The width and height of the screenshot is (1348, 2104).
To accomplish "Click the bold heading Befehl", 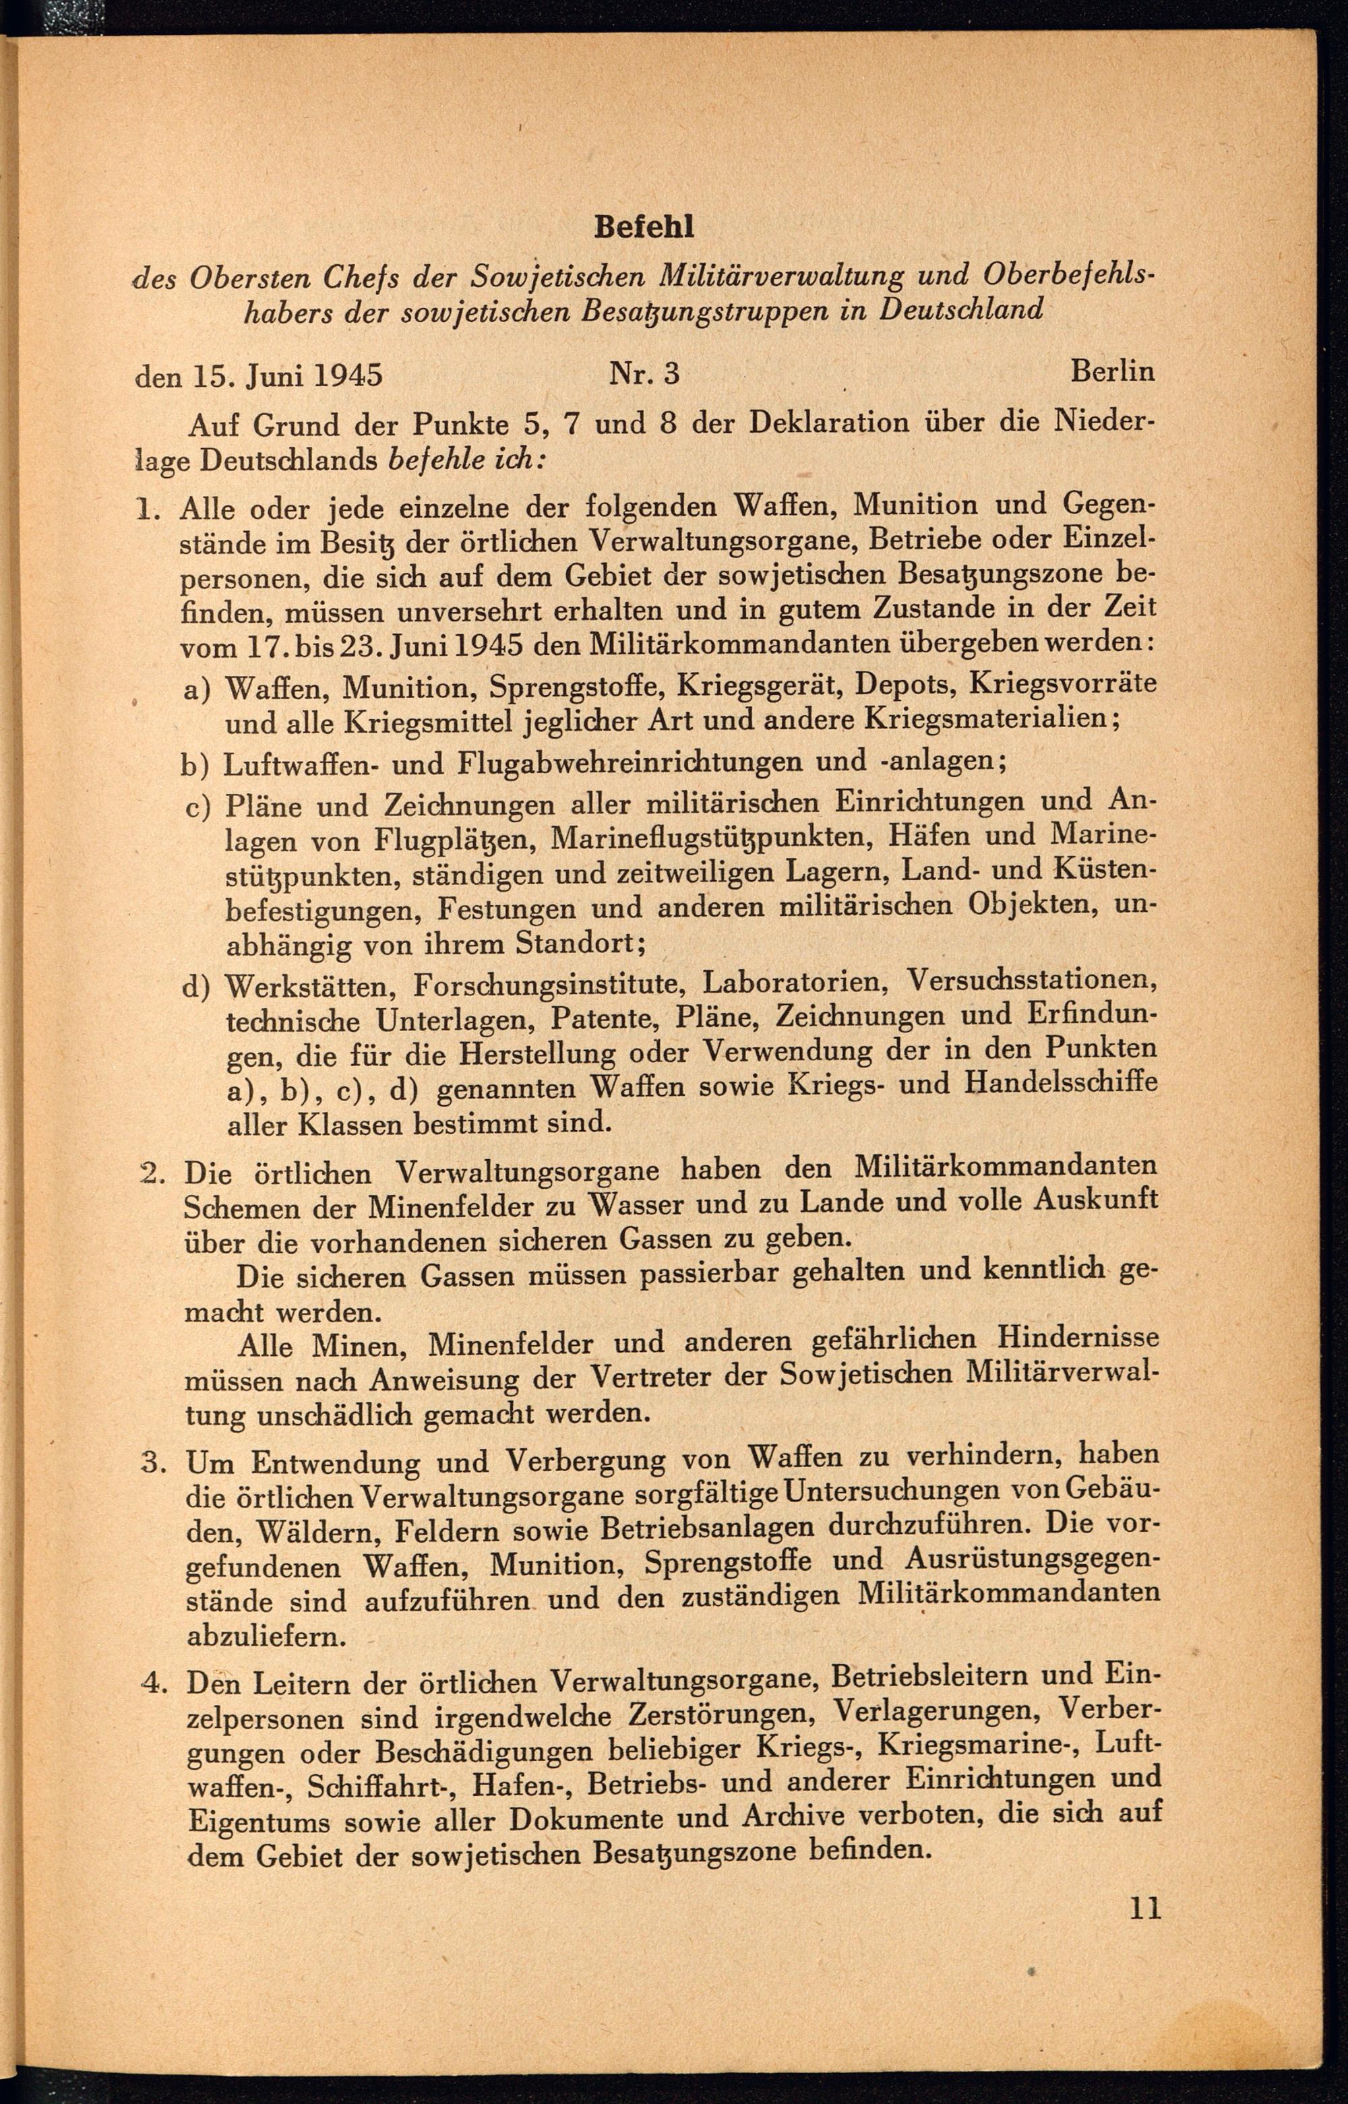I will [644, 228].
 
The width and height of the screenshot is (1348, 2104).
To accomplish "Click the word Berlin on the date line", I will [1113, 371].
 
